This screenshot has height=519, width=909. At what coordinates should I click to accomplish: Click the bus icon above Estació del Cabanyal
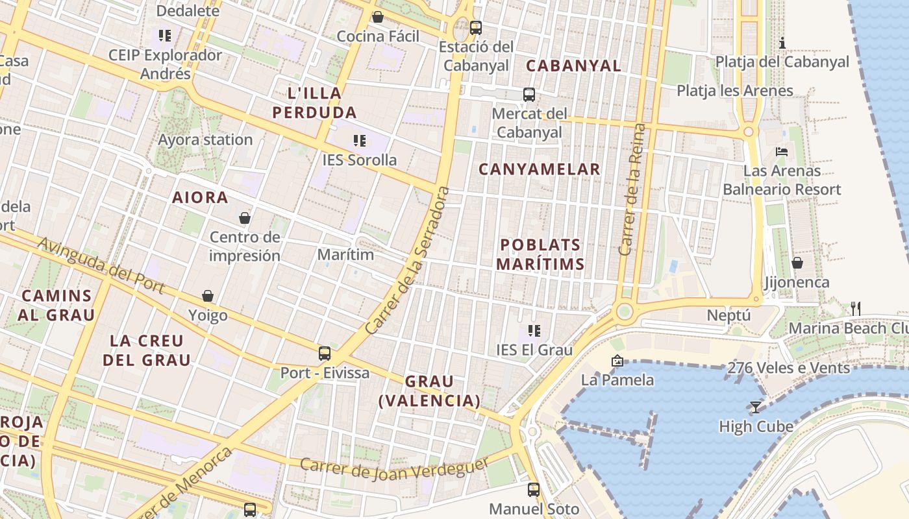click(x=476, y=27)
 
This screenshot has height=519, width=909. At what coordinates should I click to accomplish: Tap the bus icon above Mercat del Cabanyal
click(x=529, y=95)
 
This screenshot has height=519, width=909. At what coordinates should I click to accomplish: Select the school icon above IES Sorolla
click(x=360, y=140)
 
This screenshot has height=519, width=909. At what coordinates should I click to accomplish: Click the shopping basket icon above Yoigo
click(x=208, y=296)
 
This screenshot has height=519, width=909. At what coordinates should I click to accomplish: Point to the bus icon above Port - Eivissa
click(x=325, y=354)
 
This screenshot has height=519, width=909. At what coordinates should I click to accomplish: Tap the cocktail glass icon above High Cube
click(x=756, y=407)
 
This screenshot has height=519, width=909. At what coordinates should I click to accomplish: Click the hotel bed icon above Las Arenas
click(x=782, y=152)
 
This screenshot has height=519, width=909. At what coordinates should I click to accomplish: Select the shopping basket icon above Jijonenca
click(x=797, y=263)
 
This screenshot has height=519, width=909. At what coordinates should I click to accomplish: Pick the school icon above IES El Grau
click(x=534, y=331)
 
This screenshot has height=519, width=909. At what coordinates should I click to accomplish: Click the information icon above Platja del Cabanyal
click(x=782, y=43)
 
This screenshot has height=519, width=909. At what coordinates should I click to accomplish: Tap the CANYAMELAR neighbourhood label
click(x=540, y=169)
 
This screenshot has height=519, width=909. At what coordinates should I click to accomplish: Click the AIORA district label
click(x=200, y=197)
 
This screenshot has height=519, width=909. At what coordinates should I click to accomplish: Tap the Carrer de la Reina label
click(x=633, y=189)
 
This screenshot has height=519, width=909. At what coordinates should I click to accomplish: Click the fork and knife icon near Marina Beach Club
click(x=856, y=309)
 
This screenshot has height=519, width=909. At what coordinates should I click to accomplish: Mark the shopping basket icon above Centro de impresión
click(x=245, y=218)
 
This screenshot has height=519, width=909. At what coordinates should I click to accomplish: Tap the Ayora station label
click(x=205, y=139)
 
